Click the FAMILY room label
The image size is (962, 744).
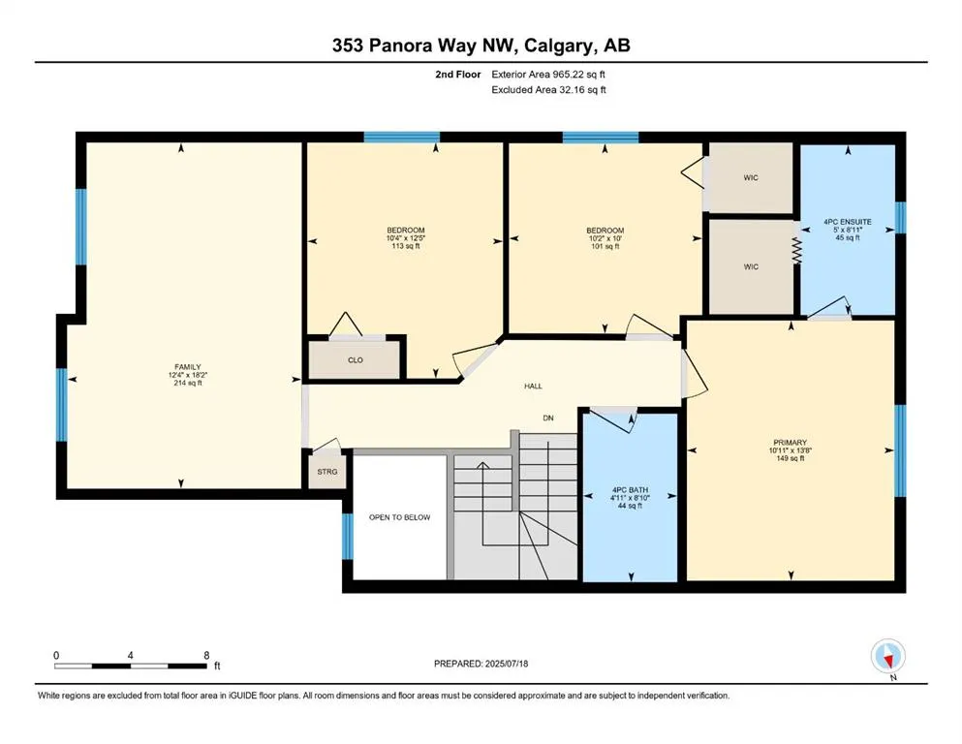[187, 367]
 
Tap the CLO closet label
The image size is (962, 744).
[356, 360]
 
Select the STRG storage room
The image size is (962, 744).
[327, 471]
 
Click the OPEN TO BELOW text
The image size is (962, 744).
[399, 517]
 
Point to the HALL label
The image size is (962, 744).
[533, 386]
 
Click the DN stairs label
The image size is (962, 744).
[548, 418]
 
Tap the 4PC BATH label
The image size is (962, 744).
[630, 490]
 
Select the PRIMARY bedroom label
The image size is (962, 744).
[791, 442]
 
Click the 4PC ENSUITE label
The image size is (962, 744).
[848, 222]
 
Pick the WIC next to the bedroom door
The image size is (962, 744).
[751, 178]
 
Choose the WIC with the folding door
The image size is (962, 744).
[751, 266]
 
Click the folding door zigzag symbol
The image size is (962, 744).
[796, 251]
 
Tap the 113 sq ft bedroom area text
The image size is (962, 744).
[406, 246]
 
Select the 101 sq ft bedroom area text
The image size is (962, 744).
[605, 246]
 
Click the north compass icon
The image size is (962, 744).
[887, 656]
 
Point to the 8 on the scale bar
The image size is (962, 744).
[206, 655]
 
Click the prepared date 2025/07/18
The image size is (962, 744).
[506, 664]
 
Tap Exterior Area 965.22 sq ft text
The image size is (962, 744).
[548, 75]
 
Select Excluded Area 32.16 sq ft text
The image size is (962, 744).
[548, 89]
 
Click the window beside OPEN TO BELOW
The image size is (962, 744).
[348, 537]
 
